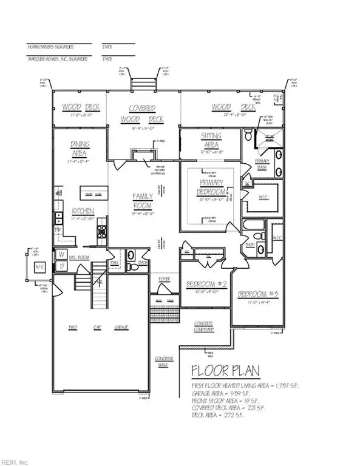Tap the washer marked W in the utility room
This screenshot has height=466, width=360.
(x=61, y=255)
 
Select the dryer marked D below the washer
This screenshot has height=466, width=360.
(x=61, y=266)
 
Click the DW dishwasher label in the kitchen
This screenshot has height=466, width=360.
(x=59, y=231)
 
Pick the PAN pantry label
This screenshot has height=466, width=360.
(x=114, y=262)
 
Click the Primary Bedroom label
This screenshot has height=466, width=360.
(x=211, y=187)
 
